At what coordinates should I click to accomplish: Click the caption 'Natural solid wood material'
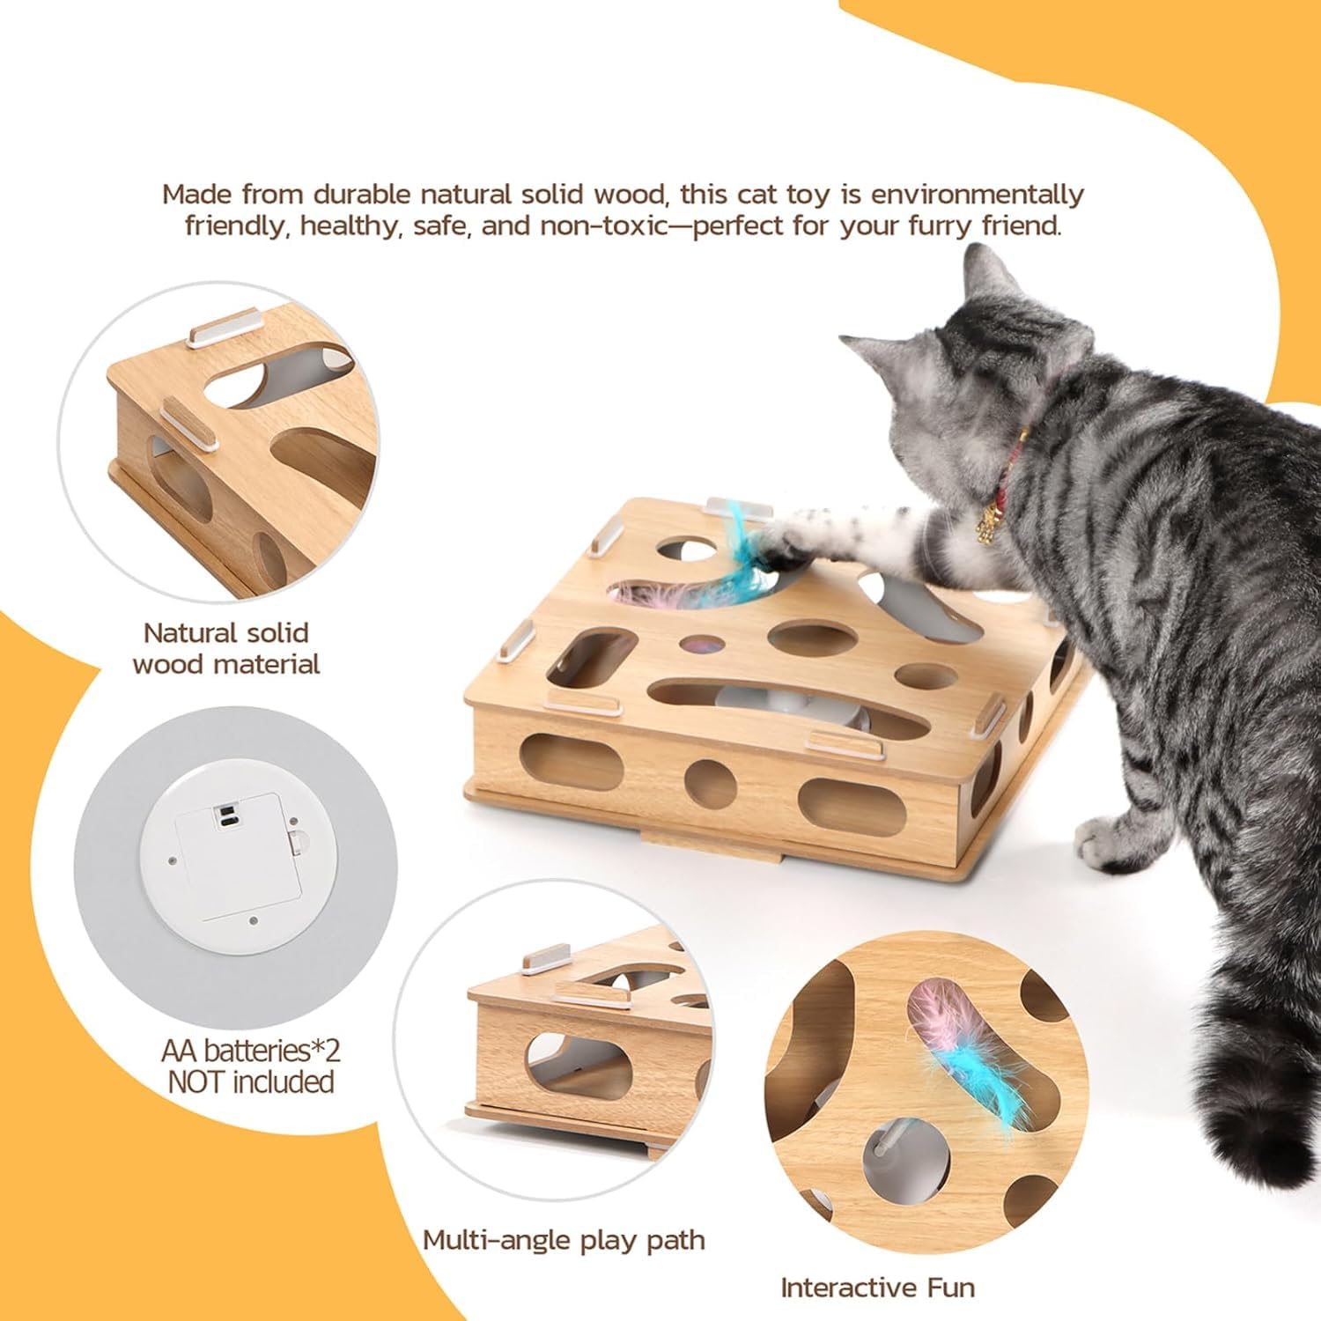[225, 648]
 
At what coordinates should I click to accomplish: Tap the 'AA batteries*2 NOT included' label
[251, 1066]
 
